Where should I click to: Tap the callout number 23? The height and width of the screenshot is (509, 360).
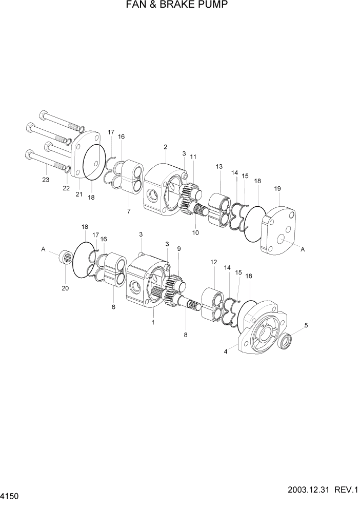(x=46, y=180)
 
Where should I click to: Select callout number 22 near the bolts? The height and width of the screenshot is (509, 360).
(x=66, y=188)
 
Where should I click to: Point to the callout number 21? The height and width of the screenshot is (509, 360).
(x=79, y=194)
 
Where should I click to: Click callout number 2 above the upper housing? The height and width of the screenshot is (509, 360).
(x=166, y=147)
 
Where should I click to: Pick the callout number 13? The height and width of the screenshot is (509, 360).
(x=219, y=166)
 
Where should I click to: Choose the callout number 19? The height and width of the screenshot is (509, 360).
(x=277, y=189)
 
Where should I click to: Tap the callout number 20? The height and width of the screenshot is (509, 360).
(x=65, y=288)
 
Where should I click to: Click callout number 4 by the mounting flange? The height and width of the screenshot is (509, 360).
(x=225, y=352)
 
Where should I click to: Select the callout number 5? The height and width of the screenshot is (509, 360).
(x=306, y=325)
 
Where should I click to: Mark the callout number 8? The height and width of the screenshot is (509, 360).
(x=186, y=335)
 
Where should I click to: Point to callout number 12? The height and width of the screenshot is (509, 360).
(x=214, y=262)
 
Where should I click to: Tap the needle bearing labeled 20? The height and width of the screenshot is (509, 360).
(x=65, y=255)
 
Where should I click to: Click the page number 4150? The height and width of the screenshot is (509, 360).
(x=13, y=497)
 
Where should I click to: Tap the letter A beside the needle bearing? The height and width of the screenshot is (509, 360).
(x=44, y=249)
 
